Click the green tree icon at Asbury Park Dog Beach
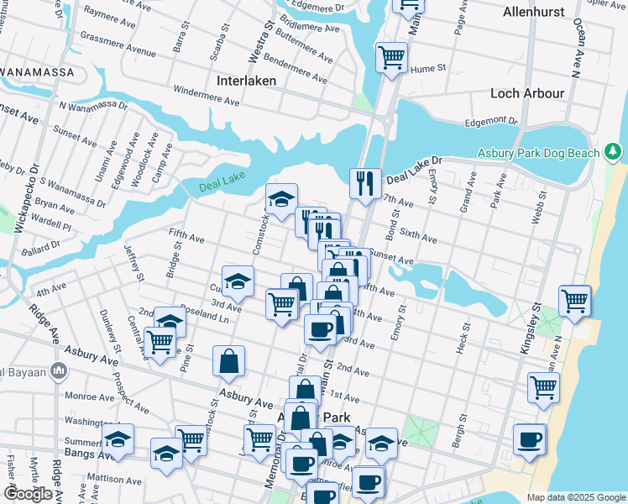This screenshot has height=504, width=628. [614, 152]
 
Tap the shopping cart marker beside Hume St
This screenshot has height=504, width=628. [390, 57]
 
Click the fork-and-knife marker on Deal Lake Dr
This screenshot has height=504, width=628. [365, 183]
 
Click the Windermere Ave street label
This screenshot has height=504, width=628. [207, 95]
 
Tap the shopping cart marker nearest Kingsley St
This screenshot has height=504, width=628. [575, 301]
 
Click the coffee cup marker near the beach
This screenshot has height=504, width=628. [530, 439]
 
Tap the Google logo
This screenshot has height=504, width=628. [29, 494]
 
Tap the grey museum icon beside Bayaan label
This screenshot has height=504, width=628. [58, 370]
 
